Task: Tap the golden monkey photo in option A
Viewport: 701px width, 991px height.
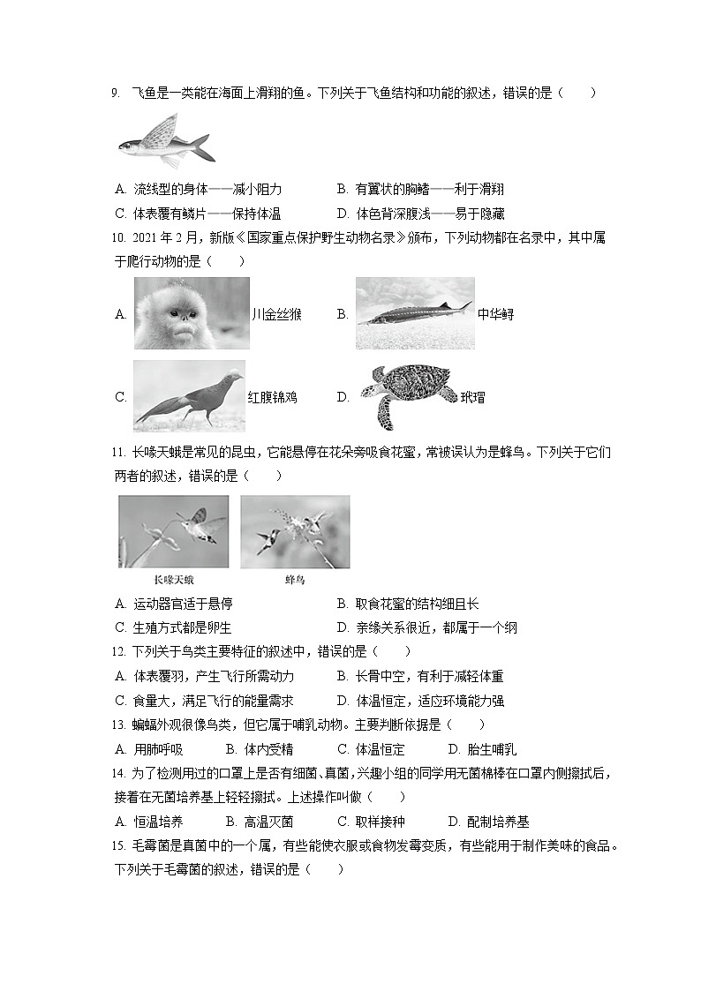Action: click(191, 313)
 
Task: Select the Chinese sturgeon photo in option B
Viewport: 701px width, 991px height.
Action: click(414, 313)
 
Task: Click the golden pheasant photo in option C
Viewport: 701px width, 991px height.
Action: click(189, 396)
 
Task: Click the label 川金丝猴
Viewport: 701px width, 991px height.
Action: click(277, 314)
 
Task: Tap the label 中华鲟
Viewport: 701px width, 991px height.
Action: click(495, 314)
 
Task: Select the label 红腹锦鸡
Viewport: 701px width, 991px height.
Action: click(272, 397)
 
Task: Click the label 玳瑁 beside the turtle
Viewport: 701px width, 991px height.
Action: click(472, 397)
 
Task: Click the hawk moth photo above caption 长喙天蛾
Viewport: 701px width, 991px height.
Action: click(173, 531)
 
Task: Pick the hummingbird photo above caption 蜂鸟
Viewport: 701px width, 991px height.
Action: click(295, 531)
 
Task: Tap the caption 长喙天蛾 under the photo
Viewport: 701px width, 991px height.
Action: click(173, 580)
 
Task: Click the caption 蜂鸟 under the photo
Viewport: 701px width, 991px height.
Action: click(295, 580)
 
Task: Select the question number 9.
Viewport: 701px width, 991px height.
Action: click(116, 93)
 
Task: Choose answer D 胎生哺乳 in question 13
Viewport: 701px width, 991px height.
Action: click(482, 750)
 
